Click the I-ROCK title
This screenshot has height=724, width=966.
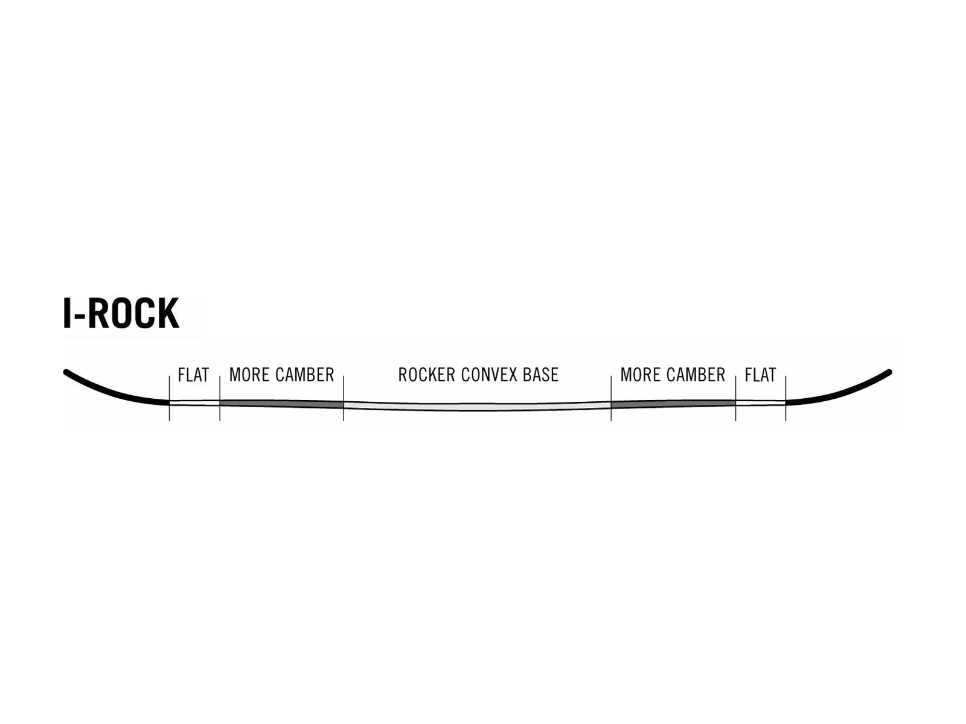tap(121, 313)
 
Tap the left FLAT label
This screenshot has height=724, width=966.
tap(193, 375)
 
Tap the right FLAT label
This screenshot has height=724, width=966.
tap(760, 375)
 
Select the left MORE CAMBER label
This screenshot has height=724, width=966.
tap(282, 375)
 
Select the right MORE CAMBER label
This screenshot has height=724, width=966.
tap(673, 375)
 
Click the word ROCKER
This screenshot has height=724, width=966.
tap(426, 375)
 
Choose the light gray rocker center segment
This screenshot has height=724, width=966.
tap(478, 406)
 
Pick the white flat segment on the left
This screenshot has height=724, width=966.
tap(194, 402)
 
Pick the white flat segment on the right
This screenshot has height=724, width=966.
tap(761, 402)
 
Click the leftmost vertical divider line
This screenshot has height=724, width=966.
tap(170, 398)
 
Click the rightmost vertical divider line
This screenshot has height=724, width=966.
tap(785, 398)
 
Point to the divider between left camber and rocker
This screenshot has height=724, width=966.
tap(344, 398)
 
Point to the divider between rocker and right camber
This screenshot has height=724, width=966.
tap(611, 398)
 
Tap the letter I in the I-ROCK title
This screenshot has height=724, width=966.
tap(68, 313)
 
